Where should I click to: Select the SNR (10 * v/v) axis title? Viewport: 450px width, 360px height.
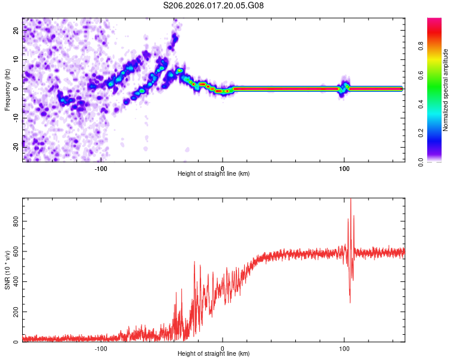8,271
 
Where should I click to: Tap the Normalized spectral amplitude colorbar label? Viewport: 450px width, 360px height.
446,90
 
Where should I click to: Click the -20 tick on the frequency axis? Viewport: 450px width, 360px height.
16,147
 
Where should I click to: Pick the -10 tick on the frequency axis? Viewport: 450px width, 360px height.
16,118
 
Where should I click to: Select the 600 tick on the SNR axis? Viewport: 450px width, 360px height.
16,251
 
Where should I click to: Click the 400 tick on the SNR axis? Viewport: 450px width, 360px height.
16,281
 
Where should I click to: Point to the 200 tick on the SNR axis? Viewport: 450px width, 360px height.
16,312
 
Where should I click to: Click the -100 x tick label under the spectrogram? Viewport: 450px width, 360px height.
100,168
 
